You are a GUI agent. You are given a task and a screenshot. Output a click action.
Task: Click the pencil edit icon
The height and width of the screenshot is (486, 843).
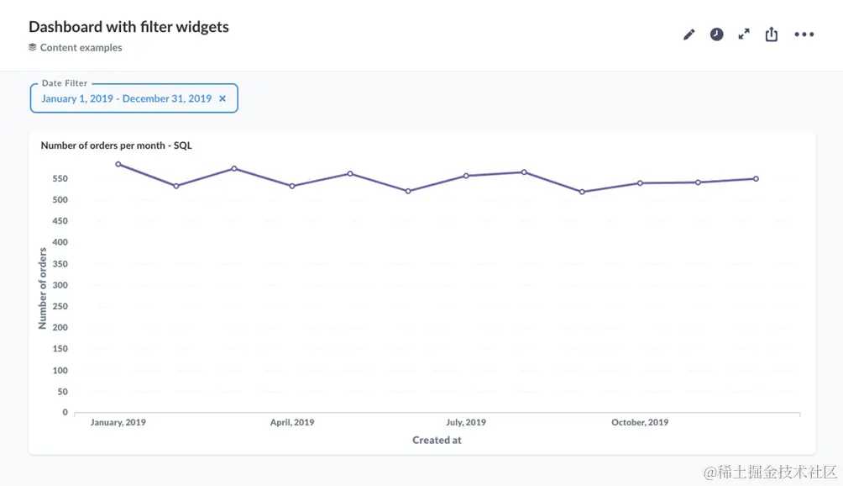689,34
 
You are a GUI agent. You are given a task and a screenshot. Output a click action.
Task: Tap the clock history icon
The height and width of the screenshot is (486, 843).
716,34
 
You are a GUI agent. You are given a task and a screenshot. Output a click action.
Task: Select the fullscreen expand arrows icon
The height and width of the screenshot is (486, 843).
744,34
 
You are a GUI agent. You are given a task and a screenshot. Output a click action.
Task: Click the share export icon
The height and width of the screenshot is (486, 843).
772,34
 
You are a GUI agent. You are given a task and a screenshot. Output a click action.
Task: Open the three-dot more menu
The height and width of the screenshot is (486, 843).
804,34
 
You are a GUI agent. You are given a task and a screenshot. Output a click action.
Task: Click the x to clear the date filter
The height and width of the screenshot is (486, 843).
223,98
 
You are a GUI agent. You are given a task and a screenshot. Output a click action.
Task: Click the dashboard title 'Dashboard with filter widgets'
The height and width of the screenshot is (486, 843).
128,27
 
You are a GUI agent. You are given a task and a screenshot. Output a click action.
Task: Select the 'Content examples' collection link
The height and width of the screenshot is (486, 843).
81,48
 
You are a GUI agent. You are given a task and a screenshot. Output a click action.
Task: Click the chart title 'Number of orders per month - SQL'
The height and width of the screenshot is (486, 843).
116,145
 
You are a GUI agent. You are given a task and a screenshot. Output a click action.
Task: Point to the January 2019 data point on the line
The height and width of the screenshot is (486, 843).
118,164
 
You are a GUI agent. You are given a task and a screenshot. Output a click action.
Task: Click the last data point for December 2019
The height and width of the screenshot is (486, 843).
756,178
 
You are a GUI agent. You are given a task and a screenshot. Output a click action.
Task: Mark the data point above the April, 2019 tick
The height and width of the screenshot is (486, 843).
292,186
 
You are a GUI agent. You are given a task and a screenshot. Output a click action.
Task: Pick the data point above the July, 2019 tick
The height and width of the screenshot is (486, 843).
466,176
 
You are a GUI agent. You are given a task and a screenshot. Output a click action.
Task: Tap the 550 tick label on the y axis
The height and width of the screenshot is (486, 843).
59,179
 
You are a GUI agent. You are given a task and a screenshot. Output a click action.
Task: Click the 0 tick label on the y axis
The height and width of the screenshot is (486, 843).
65,413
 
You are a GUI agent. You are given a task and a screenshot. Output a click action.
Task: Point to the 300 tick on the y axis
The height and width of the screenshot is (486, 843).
59,285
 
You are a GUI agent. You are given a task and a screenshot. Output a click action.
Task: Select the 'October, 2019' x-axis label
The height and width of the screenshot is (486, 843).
640,422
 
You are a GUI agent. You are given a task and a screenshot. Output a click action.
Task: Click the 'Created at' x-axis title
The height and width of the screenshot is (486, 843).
437,440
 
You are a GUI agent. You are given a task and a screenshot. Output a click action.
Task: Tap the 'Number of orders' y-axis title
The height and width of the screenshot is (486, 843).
43,288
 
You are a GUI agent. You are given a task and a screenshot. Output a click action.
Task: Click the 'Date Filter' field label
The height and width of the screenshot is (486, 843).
65,83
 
